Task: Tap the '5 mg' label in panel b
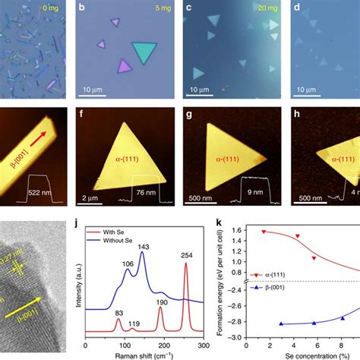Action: [157, 11]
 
